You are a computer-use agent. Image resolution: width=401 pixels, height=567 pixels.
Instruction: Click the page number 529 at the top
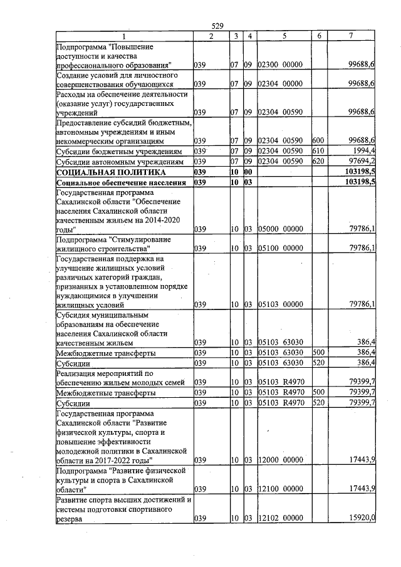[x=217, y=26]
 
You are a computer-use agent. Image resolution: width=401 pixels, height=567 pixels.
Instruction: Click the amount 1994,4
[x=363, y=151]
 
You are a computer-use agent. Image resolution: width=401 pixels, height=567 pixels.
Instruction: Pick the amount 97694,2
[x=362, y=161]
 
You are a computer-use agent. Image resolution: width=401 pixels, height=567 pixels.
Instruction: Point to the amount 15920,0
[x=362, y=518]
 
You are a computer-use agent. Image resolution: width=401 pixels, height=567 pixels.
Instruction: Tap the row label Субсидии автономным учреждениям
[x=120, y=161]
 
